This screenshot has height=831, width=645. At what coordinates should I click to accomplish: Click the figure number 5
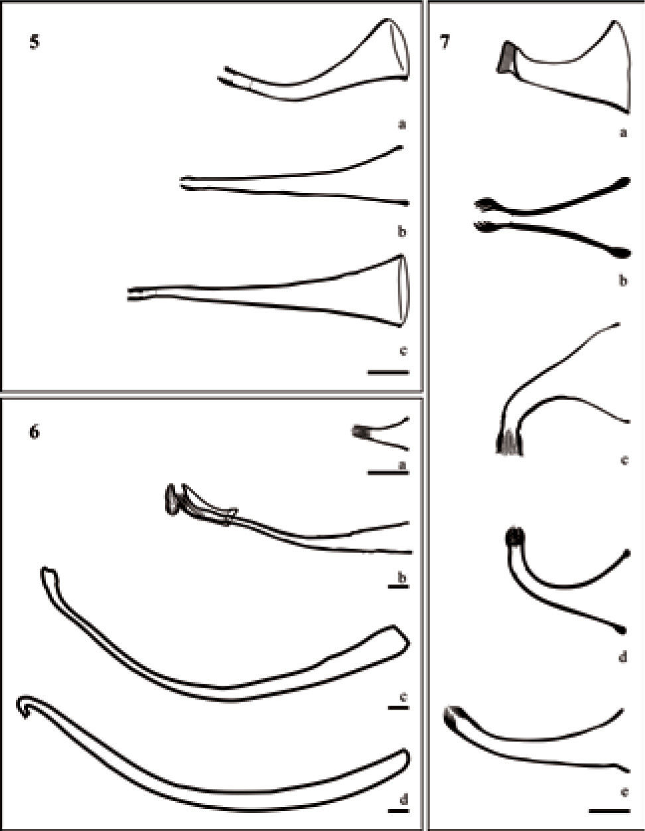35,42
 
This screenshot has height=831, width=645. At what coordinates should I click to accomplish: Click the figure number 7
444,42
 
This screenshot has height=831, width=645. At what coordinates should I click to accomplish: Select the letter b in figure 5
402,231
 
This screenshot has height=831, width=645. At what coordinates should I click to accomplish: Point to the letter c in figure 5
403,350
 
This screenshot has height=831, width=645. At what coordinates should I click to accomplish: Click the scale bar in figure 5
388,372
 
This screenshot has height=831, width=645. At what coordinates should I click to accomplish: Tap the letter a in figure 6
402,465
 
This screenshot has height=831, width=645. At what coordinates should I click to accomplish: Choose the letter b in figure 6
402,578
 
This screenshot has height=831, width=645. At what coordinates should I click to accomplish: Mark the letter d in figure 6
403,799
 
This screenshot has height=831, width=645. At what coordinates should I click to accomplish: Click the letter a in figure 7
624,133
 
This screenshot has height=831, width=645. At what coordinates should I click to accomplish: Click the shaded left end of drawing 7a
507,57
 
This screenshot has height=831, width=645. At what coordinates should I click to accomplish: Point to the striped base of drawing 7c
510,442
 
